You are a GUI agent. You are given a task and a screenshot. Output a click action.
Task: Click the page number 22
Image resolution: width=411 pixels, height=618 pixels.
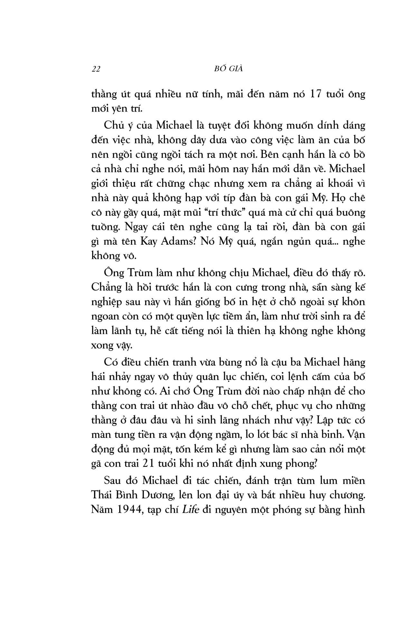click(x=96, y=69)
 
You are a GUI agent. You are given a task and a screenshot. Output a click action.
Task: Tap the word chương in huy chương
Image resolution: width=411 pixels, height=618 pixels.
click(x=350, y=495)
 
